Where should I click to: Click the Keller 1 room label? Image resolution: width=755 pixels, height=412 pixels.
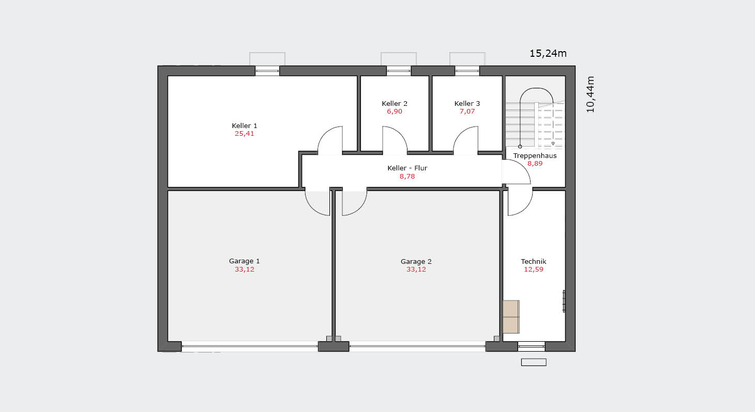pyautogui.click(x=245, y=125)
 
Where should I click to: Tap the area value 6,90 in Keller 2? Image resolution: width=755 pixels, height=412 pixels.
pyautogui.click(x=395, y=112)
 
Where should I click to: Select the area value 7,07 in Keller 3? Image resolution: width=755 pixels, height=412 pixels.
pyautogui.click(x=467, y=112)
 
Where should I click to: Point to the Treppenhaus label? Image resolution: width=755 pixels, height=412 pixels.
pyautogui.click(x=535, y=156)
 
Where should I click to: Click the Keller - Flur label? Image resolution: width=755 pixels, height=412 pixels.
pyautogui.click(x=407, y=168)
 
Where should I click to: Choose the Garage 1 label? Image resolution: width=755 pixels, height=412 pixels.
pyautogui.click(x=245, y=261)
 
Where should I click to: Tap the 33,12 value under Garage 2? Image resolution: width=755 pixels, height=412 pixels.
pyautogui.click(x=416, y=270)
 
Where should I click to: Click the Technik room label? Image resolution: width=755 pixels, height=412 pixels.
pyautogui.click(x=534, y=261)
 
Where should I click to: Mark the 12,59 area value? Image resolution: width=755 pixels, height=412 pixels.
pyautogui.click(x=534, y=270)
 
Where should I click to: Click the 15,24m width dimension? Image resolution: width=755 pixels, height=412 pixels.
pyautogui.click(x=548, y=54)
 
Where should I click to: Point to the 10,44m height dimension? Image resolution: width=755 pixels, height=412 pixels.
pyautogui.click(x=591, y=94)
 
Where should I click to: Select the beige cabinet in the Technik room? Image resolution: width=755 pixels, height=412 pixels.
pyautogui.click(x=511, y=316)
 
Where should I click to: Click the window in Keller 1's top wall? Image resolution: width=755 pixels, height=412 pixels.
pyautogui.click(x=267, y=71)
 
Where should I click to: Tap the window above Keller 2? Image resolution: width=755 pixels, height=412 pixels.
pyautogui.click(x=399, y=71)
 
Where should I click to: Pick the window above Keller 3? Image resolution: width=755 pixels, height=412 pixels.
pyautogui.click(x=467, y=71)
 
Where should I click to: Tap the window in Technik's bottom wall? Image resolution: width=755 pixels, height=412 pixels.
pyautogui.click(x=531, y=346)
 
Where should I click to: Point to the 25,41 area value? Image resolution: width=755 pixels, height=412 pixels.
pyautogui.click(x=245, y=134)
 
